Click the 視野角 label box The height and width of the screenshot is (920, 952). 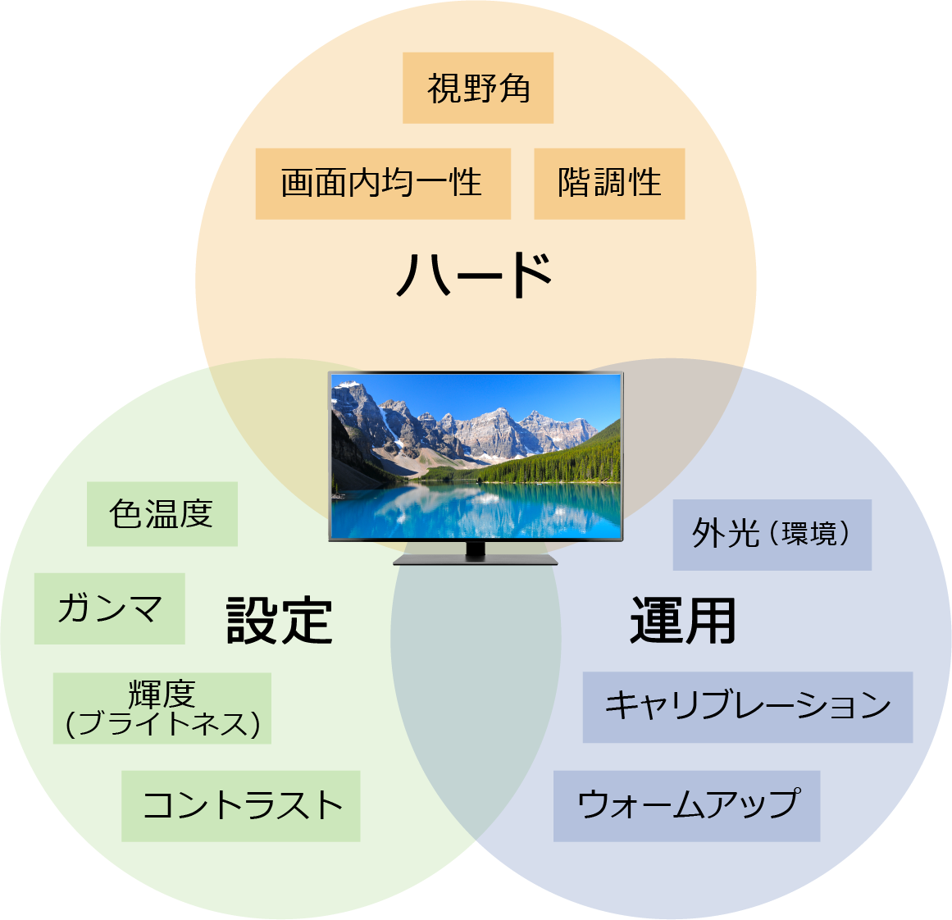tap(477, 89)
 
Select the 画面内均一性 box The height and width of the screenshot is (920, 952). tap(382, 184)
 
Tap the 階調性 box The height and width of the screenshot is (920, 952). tap(608, 184)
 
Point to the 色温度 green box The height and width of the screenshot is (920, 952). tap(162, 514)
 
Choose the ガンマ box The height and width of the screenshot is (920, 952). tap(109, 608)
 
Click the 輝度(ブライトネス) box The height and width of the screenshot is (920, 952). tap(162, 708)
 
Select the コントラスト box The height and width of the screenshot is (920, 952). tap(240, 805)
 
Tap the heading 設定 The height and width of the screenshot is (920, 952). tap(279, 621)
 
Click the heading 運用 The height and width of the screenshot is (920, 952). tap(682, 621)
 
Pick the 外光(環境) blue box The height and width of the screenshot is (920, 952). tap(771, 535)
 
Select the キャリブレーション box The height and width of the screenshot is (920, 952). tap(747, 707)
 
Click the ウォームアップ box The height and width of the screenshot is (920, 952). tap(686, 805)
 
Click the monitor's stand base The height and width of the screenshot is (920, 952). tap(476, 561)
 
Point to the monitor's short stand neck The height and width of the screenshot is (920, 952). tap(476, 549)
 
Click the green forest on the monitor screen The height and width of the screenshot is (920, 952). tap(566, 463)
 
